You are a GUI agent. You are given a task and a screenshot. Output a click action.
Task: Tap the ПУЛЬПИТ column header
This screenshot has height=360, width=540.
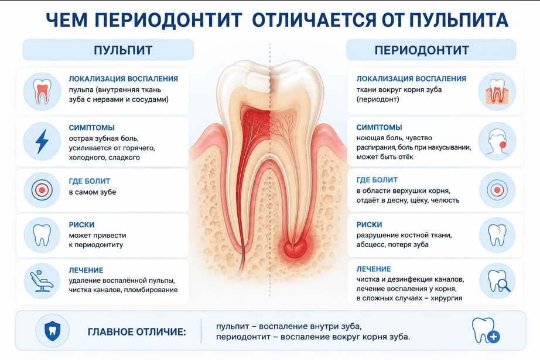(123, 50)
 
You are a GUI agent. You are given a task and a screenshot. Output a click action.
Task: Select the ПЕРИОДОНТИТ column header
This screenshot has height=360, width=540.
(422, 50)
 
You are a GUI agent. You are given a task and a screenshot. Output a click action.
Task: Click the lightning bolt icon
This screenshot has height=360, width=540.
(42, 141)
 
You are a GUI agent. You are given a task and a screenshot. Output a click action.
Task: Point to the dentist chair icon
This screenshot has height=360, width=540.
(42, 281)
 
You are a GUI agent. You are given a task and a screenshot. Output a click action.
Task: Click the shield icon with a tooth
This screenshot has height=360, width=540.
(52, 330)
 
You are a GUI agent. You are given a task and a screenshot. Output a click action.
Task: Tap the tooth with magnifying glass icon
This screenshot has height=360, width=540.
(498, 281)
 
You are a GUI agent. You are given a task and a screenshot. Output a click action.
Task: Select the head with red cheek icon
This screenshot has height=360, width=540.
(497, 142)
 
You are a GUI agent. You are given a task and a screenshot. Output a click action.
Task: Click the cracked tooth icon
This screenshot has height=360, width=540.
(497, 235)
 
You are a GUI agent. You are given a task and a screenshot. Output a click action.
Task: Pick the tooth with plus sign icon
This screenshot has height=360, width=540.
(486, 330)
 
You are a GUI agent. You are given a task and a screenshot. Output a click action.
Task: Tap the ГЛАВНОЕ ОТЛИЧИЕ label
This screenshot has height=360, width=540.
(136, 332)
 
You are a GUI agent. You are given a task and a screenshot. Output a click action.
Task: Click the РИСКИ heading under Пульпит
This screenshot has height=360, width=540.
(81, 224)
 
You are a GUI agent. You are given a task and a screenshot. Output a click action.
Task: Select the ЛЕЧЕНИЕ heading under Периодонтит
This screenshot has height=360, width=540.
(374, 269)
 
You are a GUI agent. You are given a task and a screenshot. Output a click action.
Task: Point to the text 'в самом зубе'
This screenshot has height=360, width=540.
(93, 192)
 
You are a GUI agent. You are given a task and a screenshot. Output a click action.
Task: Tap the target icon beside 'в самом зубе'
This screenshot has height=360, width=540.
(42, 189)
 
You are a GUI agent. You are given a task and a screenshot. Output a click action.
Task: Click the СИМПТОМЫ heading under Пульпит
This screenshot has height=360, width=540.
(91, 128)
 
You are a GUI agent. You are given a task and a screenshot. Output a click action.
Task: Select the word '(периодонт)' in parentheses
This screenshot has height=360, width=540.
(378, 99)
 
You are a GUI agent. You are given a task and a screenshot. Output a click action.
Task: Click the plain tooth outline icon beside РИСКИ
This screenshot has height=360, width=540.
(42, 235)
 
